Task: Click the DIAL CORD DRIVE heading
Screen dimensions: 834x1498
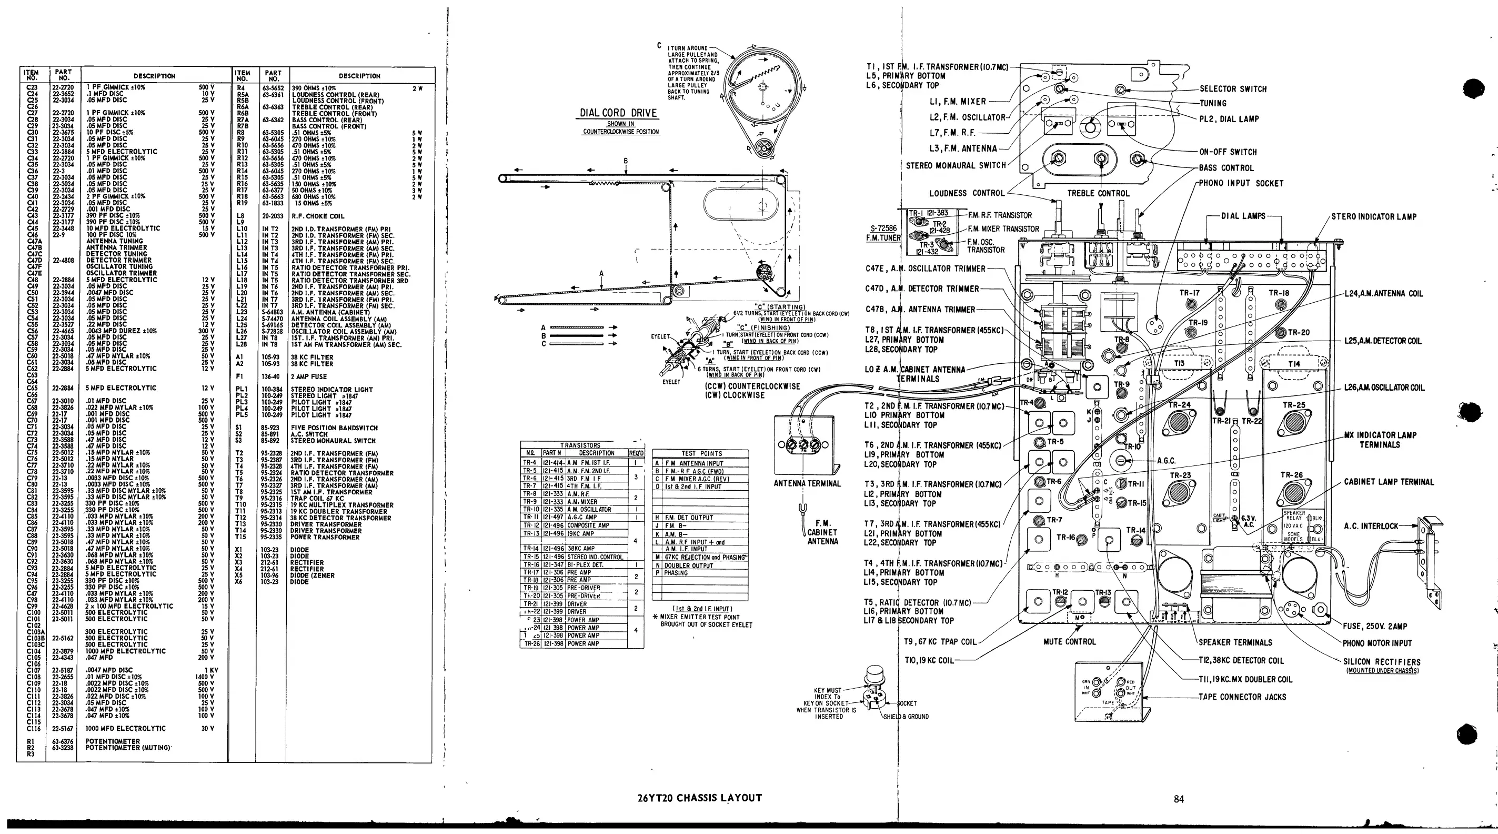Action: click(618, 113)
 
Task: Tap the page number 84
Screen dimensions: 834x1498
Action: click(1179, 799)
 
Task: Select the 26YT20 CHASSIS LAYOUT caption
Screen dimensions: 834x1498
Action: click(700, 798)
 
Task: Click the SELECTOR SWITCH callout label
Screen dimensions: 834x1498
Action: click(1233, 89)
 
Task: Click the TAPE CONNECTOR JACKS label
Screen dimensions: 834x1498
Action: click(1242, 697)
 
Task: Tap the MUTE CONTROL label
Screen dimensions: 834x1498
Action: click(1069, 641)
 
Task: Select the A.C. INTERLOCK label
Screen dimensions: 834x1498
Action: click(1371, 526)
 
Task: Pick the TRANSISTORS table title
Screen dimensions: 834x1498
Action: click(580, 445)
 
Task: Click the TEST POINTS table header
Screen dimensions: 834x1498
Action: click(701, 453)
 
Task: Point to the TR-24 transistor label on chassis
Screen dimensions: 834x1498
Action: click(1179, 404)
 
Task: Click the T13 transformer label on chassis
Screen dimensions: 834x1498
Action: click(1179, 363)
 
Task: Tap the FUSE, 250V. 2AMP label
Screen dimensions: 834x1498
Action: click(1375, 626)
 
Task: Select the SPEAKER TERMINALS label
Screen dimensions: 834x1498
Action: click(1235, 642)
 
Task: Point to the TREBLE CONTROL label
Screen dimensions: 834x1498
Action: click(1098, 193)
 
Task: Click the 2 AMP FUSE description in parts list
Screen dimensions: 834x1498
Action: click(309, 376)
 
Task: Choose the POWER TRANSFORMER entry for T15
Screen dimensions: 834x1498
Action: click(325, 537)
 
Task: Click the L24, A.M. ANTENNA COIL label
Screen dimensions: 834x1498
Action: click(1383, 293)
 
